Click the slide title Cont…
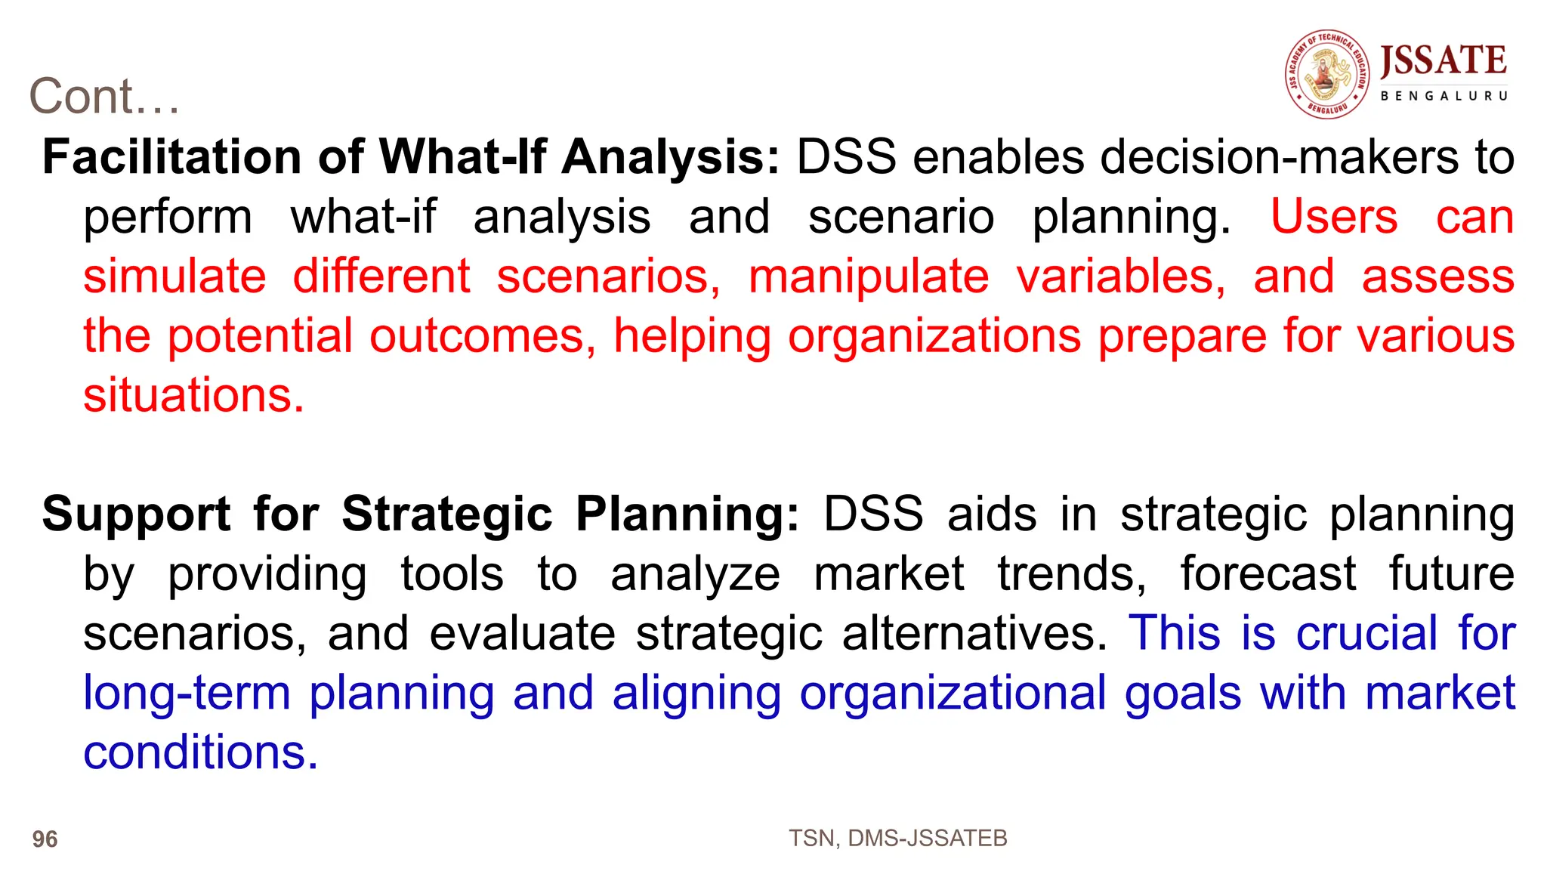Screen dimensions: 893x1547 (104, 97)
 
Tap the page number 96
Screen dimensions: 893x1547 (45, 839)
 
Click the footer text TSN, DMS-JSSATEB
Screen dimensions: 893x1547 (897, 838)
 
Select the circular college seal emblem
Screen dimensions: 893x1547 (1327, 74)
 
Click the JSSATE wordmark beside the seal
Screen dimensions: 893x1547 (1444, 60)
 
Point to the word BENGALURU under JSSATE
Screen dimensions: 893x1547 (1444, 96)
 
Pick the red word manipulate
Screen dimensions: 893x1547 (868, 276)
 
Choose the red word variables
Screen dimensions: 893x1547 (1121, 276)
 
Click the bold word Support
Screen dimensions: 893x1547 (136, 514)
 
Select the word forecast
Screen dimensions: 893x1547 (1268, 573)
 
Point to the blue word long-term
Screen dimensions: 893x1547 (187, 693)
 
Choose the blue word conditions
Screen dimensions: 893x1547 (200, 752)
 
